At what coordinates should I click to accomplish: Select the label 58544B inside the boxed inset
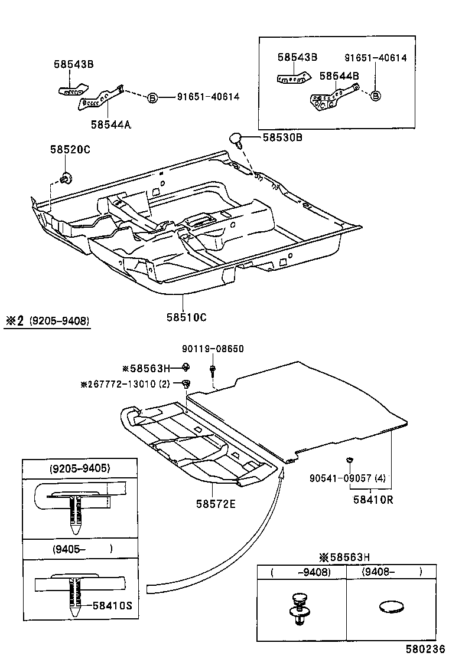[x=339, y=76]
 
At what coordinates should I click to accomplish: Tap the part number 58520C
[x=70, y=150]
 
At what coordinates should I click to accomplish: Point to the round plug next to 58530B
[x=236, y=139]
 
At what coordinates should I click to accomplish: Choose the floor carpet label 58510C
[x=186, y=317]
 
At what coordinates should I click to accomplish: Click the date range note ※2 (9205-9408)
[x=47, y=321]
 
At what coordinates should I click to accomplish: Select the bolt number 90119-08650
[x=212, y=349]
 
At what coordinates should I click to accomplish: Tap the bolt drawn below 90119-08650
[x=212, y=370]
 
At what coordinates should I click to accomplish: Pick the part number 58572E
[x=216, y=504]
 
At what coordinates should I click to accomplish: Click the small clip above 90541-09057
[x=349, y=459]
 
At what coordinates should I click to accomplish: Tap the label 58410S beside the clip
[x=112, y=605]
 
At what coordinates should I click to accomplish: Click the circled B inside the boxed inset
[x=376, y=96]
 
